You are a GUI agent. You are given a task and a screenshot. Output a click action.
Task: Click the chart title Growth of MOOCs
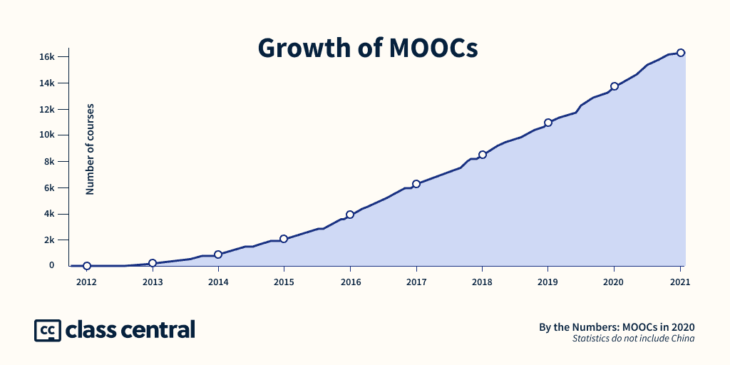pyautogui.click(x=367, y=48)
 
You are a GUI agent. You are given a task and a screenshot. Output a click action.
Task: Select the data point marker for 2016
pyautogui.click(x=350, y=215)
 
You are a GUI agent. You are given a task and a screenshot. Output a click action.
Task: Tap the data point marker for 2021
pyautogui.click(x=681, y=53)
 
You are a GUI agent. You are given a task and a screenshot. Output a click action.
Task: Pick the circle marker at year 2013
pyautogui.click(x=153, y=263)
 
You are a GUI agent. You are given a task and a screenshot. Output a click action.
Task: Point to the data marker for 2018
pyautogui.click(x=483, y=155)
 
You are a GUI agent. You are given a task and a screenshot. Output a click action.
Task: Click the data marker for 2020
pyautogui.click(x=615, y=86)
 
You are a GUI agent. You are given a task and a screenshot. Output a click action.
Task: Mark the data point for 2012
pyautogui.click(x=87, y=266)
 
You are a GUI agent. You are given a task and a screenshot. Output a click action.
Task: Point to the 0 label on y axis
pyautogui.click(x=52, y=265)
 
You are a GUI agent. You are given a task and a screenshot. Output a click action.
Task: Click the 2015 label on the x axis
pyautogui.click(x=284, y=282)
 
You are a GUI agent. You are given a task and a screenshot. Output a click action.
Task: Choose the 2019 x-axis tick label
pyautogui.click(x=547, y=282)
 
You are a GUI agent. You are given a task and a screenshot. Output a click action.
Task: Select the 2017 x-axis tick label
pyautogui.click(x=416, y=282)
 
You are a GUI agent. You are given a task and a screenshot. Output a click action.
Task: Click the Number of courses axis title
pyautogui.click(x=90, y=149)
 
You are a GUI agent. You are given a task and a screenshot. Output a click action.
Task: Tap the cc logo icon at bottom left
pyautogui.click(x=47, y=330)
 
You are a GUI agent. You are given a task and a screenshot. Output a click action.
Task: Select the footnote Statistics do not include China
pyautogui.click(x=633, y=339)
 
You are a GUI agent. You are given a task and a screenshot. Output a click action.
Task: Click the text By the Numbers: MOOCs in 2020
pyautogui.click(x=617, y=327)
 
